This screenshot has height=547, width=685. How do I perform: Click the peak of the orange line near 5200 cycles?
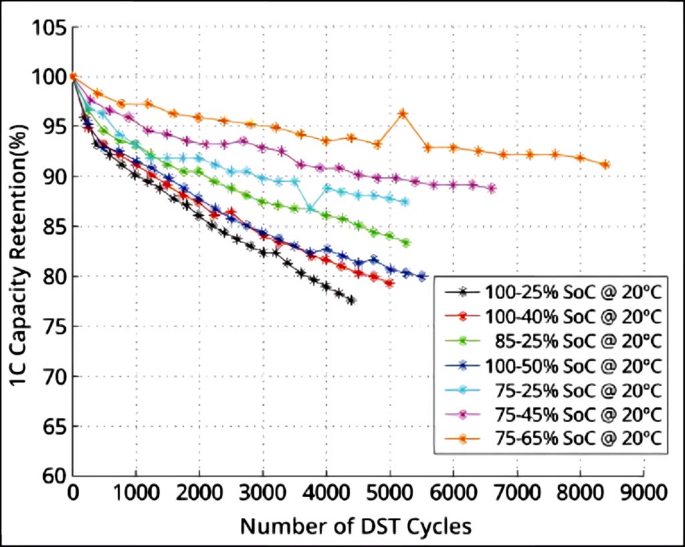click(403, 113)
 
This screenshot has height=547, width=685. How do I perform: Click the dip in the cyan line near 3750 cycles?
click(310, 209)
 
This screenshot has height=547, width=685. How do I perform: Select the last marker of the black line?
click(352, 300)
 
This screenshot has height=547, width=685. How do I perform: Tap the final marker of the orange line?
click(605, 165)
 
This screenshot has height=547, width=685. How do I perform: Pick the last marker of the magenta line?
click(492, 189)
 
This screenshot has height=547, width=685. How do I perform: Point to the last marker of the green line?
click(406, 243)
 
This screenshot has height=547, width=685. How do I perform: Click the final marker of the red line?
click(389, 284)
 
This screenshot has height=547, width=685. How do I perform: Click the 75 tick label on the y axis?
click(54, 327)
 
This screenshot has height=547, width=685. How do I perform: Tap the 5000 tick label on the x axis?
click(389, 493)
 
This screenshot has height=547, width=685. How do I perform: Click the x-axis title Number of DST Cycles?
click(356, 526)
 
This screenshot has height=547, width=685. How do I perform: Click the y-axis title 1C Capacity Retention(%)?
click(19, 253)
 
